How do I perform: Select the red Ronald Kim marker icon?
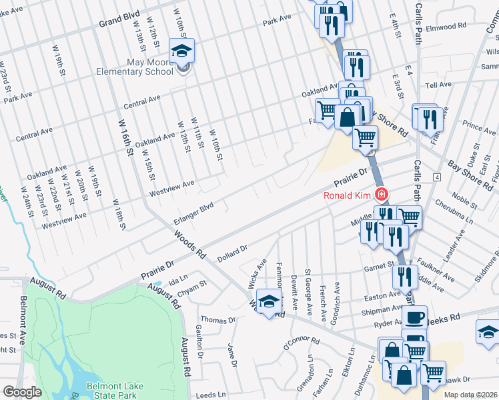(381, 195)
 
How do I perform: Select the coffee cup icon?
(414, 317)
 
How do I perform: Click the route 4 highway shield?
(437, 177)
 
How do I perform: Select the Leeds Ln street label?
(211, 395)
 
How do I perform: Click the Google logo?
(22, 392)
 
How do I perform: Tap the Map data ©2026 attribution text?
(470, 395)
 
